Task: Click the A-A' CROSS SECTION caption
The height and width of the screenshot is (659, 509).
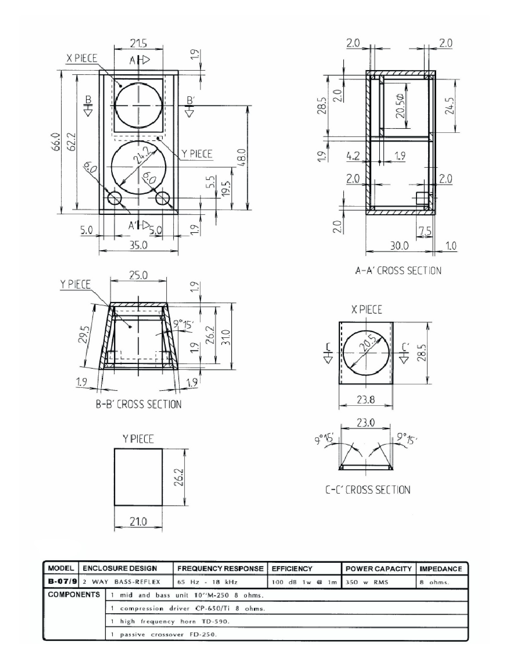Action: pos(398,270)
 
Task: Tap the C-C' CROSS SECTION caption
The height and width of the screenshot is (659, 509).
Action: pos(368,489)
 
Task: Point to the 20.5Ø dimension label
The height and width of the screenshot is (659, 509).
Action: pos(401,106)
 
